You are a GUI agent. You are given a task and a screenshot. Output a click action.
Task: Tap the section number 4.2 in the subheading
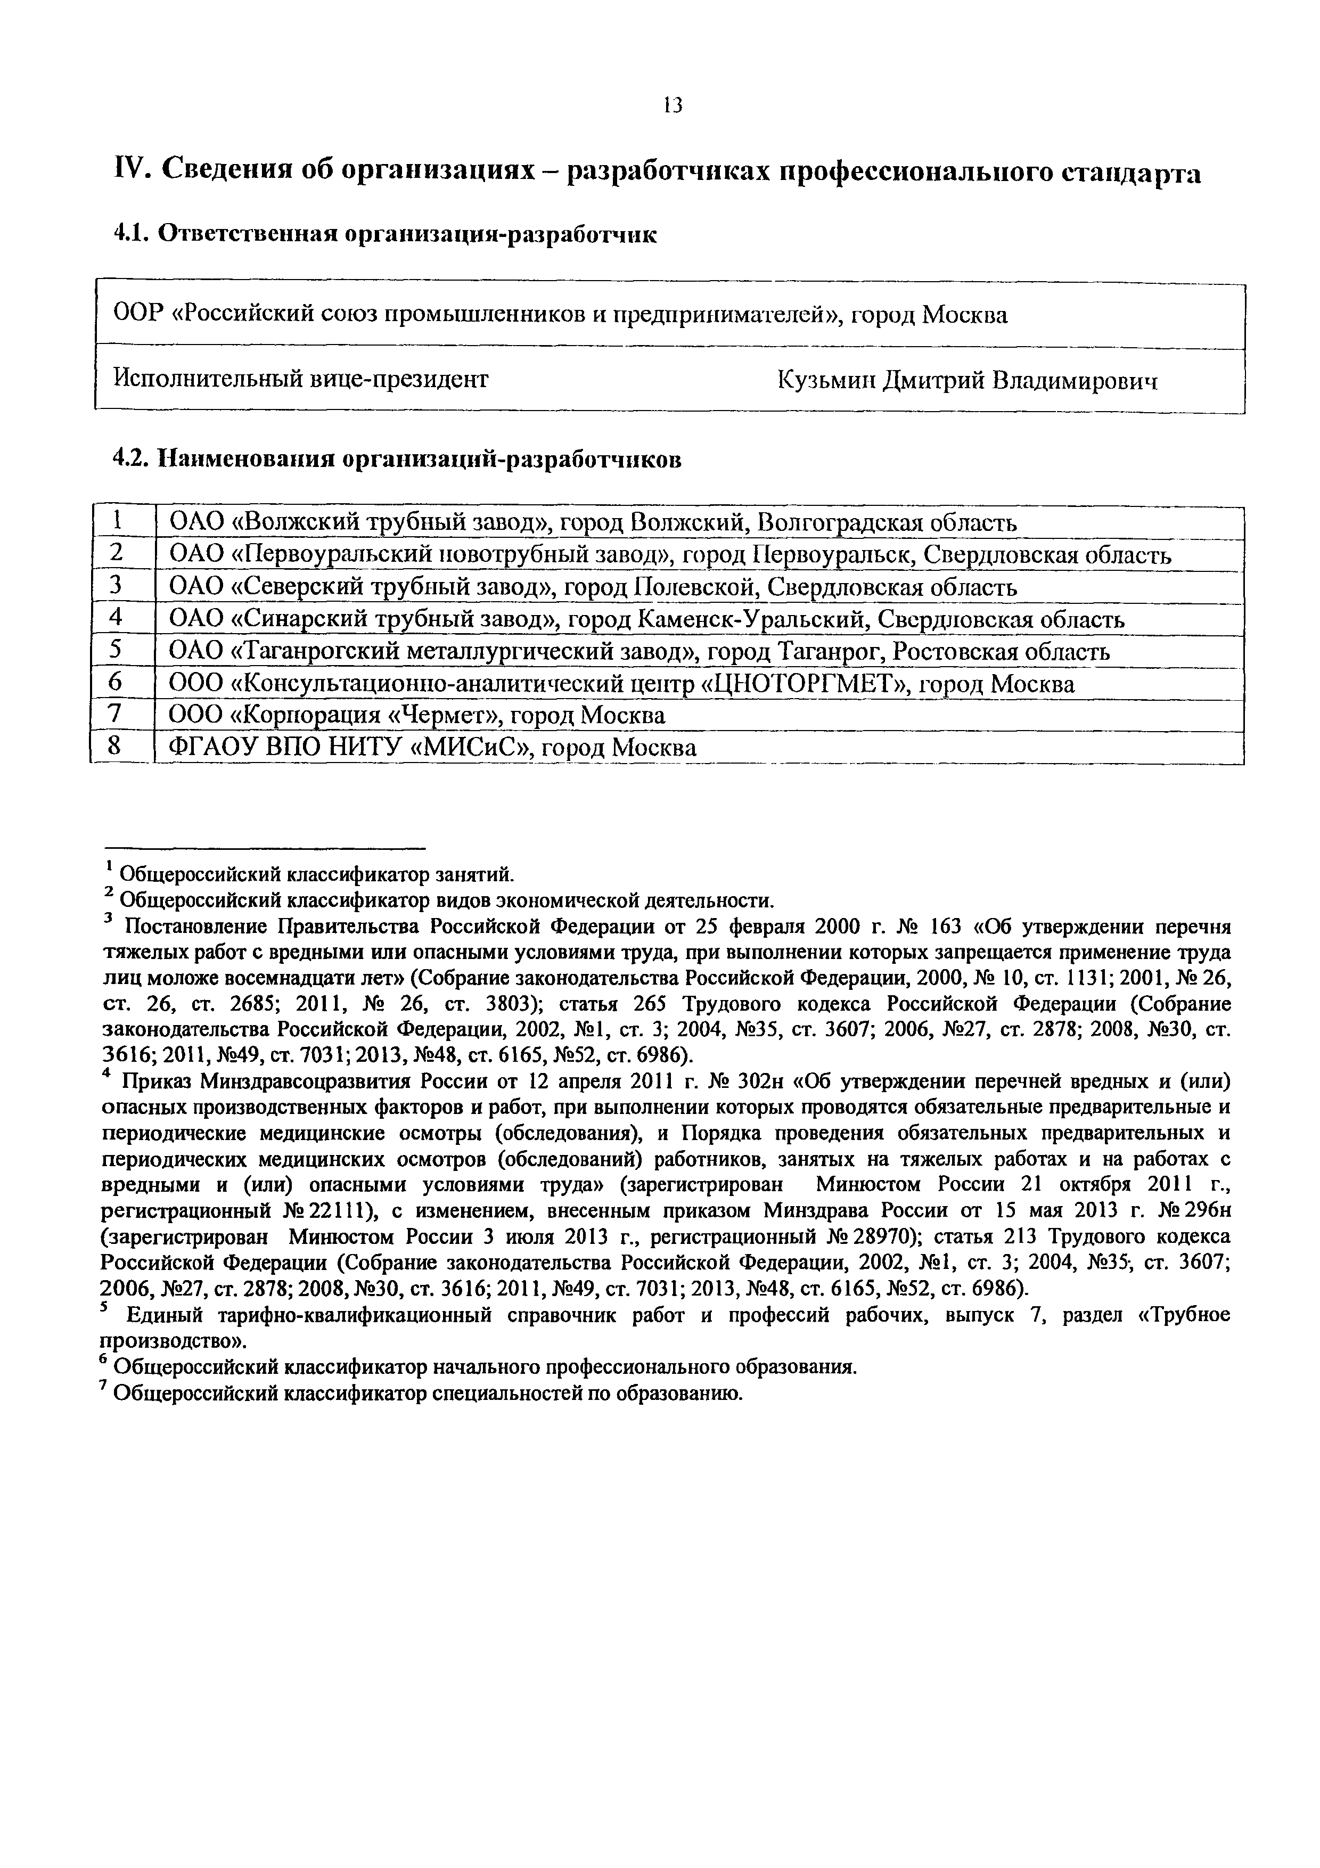[128, 459]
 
